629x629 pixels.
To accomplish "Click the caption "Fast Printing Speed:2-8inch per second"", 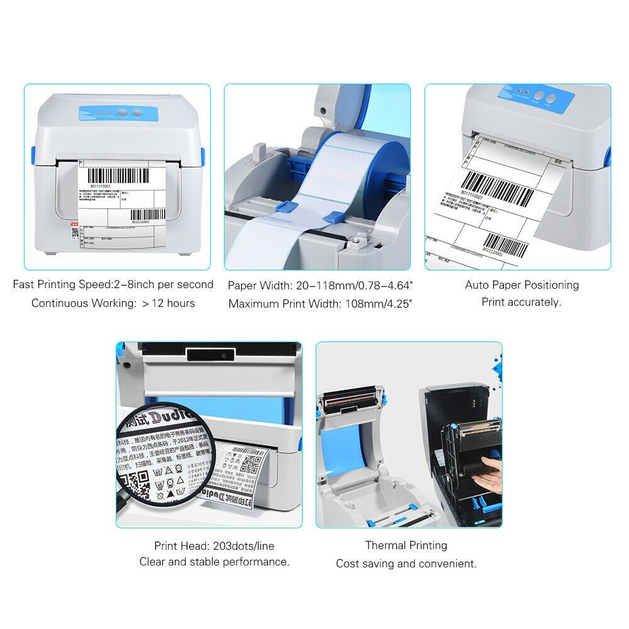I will pos(113,284).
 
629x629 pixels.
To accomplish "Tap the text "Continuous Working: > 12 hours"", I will pos(113,303).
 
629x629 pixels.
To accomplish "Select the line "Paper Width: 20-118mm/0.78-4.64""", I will pos(320,286).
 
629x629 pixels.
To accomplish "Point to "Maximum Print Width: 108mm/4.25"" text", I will pos(320,304).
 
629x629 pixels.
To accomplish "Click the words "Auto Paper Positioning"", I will pos(521,285).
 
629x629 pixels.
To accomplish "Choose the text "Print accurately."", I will pos(521,302).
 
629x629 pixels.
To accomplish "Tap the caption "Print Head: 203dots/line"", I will pos(214,546).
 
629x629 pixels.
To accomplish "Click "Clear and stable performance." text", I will pos(214,562).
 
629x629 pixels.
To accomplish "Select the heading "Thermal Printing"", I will pos(406,545).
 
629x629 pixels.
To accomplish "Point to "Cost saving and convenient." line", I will pos(406,564).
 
